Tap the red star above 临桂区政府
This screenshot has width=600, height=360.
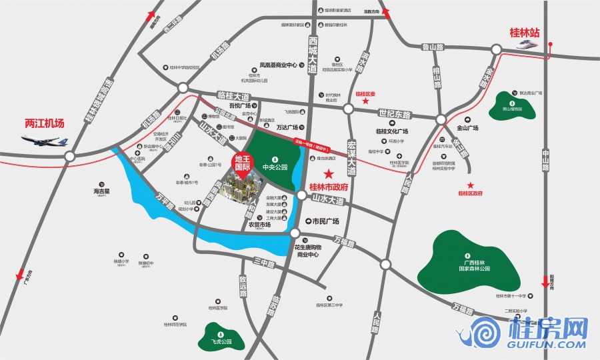tap(471, 185)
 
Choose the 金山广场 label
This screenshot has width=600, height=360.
tap(468, 127)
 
